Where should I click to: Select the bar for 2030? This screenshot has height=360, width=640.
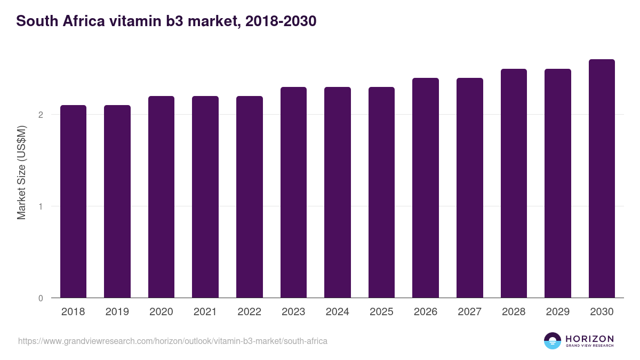click(602, 179)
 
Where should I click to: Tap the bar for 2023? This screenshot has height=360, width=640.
click(293, 193)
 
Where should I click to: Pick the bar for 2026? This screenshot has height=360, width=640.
click(426, 188)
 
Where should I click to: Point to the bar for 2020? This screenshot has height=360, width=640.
click(161, 197)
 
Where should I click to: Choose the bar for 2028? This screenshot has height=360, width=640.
click(514, 183)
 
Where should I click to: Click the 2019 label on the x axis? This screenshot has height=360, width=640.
click(117, 312)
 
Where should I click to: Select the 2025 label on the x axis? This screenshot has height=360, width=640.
click(381, 312)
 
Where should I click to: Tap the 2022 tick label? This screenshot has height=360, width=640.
click(249, 312)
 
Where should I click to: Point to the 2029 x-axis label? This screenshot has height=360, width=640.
click(557, 312)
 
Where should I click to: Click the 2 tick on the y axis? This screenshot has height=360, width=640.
click(41, 115)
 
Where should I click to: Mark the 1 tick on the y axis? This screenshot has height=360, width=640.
click(41, 206)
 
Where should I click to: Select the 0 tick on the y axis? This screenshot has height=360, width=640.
click(41, 298)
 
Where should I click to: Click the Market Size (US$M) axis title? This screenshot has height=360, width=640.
click(21, 172)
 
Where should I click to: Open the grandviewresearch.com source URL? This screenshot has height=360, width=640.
click(173, 341)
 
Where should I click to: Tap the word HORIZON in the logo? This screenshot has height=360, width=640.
click(589, 339)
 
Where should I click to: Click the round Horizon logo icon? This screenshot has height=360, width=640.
click(553, 341)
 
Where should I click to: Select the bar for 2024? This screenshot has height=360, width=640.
click(338, 193)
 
